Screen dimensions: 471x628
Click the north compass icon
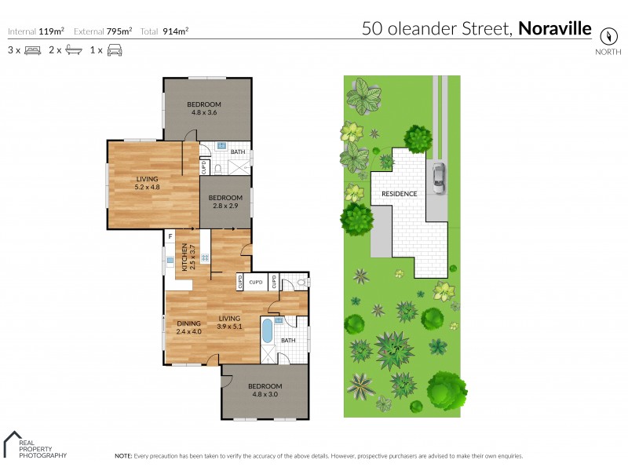coord(607,36)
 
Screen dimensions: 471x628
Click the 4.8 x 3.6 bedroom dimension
coord(203,113)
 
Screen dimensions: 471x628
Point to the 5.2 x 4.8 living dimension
coord(147,187)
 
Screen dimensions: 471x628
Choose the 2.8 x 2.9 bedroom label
coord(225,206)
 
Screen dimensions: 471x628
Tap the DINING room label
coord(188,323)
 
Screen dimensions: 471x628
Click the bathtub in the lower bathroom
coord(267,330)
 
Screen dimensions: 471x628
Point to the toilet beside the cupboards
coord(302,283)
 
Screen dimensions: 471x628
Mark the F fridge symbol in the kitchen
coord(170,235)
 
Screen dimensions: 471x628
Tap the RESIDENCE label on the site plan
coord(399,193)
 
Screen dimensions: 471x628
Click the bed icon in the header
coord(32,50)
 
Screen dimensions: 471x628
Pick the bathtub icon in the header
coord(74,50)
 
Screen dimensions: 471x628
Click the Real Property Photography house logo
coord(13,442)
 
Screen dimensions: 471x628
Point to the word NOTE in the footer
coord(123,456)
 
